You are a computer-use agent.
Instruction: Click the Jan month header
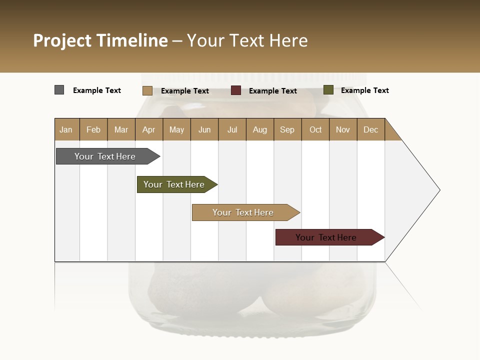pyautogui.click(x=66, y=129)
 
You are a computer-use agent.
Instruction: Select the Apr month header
pyautogui.click(x=149, y=129)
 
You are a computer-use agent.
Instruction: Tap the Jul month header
pyautogui.click(x=232, y=129)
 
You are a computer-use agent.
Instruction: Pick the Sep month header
pyautogui.click(x=287, y=129)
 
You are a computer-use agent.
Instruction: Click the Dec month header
pyautogui.click(x=370, y=129)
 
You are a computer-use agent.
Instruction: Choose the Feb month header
pyautogui.click(x=93, y=129)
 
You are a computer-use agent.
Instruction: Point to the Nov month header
pyautogui.click(x=343, y=129)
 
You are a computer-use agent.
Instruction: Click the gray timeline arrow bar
pyautogui.click(x=105, y=156)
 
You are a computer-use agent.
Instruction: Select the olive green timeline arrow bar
pyautogui.click(x=174, y=184)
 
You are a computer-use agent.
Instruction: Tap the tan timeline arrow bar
pyautogui.click(x=243, y=212)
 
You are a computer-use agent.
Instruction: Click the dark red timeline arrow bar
pyautogui.click(x=326, y=237)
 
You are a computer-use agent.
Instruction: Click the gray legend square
pyautogui.click(x=59, y=90)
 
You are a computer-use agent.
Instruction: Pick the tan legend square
pyautogui.click(x=147, y=90)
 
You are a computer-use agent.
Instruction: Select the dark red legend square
pyautogui.click(x=236, y=90)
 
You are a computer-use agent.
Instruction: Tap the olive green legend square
pyautogui.click(x=328, y=90)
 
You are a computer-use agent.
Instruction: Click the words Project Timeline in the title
pyautogui.click(x=100, y=40)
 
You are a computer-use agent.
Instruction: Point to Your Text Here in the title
pyautogui.click(x=247, y=40)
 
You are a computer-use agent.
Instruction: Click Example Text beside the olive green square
pyautogui.click(x=364, y=90)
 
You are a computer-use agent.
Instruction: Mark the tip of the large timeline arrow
pyautogui.click(x=439, y=190)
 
